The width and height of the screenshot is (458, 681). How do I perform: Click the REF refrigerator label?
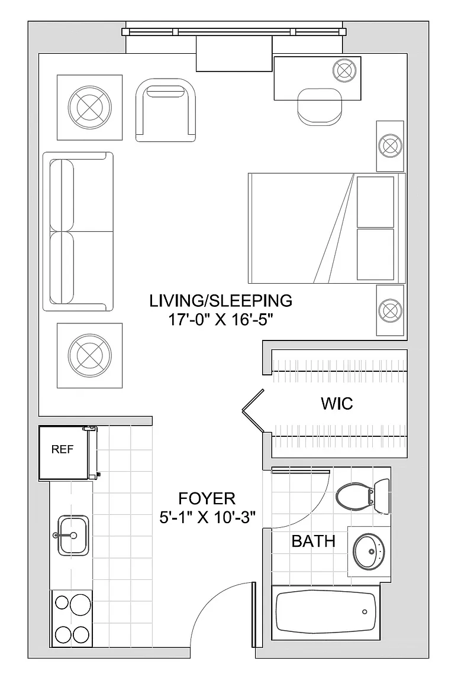click(62, 449)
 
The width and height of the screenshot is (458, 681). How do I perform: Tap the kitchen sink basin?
click(73, 535)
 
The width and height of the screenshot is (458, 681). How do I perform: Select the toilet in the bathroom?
click(362, 495)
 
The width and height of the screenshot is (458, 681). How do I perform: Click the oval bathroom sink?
click(368, 551)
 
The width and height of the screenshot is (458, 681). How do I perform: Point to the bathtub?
click(325, 613)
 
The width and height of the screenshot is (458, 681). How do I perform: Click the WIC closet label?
click(337, 404)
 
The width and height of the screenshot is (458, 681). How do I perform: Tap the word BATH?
click(313, 541)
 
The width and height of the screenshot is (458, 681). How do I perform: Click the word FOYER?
click(207, 498)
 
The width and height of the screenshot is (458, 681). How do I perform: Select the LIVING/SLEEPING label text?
click(221, 300)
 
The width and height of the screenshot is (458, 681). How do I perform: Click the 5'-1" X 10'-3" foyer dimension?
click(207, 517)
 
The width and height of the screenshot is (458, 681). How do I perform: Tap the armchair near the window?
click(165, 110)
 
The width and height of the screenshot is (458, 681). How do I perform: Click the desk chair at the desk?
click(320, 106)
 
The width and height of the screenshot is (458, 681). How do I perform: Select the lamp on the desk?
click(344, 70)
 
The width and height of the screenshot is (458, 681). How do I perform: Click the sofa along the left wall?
click(78, 232)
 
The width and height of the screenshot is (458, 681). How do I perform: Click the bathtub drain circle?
click(365, 612)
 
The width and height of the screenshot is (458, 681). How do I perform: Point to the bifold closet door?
click(253, 410)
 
